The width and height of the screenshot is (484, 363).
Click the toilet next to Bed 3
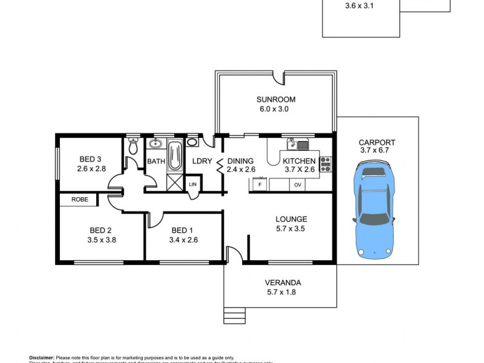(x=134, y=147)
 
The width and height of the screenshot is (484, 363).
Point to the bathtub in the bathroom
(x=174, y=155)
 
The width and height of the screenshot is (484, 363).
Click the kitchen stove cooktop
(x=325, y=163)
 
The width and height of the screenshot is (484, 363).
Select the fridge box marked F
(x=260, y=184)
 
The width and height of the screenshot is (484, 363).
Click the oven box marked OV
(x=298, y=185)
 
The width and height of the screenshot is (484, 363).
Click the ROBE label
(x=79, y=199)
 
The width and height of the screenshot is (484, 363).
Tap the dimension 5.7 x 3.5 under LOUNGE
(x=291, y=229)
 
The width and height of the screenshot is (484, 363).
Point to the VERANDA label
(x=283, y=283)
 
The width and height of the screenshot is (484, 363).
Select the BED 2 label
(x=100, y=230)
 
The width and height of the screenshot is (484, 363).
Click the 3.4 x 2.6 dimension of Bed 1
(x=184, y=240)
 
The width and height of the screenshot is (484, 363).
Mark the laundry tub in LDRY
(x=192, y=143)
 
